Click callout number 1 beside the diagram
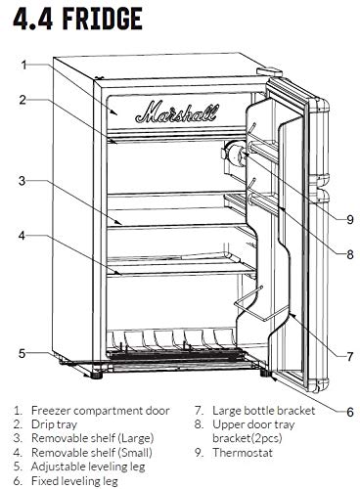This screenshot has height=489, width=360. (x=22, y=64)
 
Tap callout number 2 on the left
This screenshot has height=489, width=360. (x=22, y=98)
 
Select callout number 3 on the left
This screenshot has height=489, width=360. (x=22, y=180)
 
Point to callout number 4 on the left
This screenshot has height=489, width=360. (x=22, y=236)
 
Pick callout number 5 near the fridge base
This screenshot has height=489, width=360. (x=22, y=353)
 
